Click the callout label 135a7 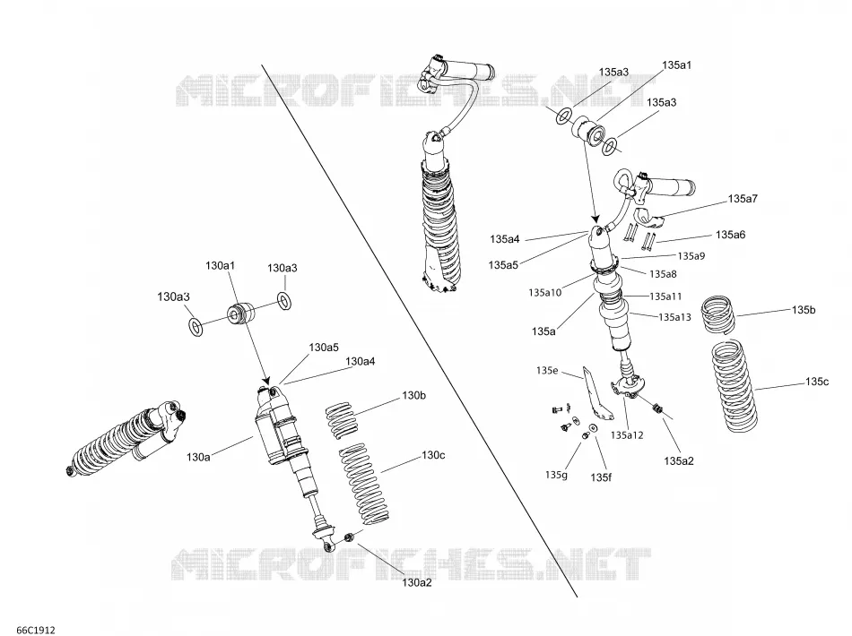pos(743,199)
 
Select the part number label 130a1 pos(220,266)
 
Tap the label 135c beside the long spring pos(817,382)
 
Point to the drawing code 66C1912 pos(35,630)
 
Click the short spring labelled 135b pos(717,314)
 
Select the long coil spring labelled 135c pos(735,385)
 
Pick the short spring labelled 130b pos(343,420)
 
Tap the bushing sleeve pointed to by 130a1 pos(240,314)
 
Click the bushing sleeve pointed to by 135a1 pos(587,131)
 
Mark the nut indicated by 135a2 pos(656,408)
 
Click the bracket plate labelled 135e pos(596,394)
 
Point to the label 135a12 pos(627,434)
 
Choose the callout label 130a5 pos(324,348)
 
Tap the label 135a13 pos(674,317)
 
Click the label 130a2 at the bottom pos(417,583)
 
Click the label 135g pos(556,475)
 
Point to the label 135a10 pos(545,293)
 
